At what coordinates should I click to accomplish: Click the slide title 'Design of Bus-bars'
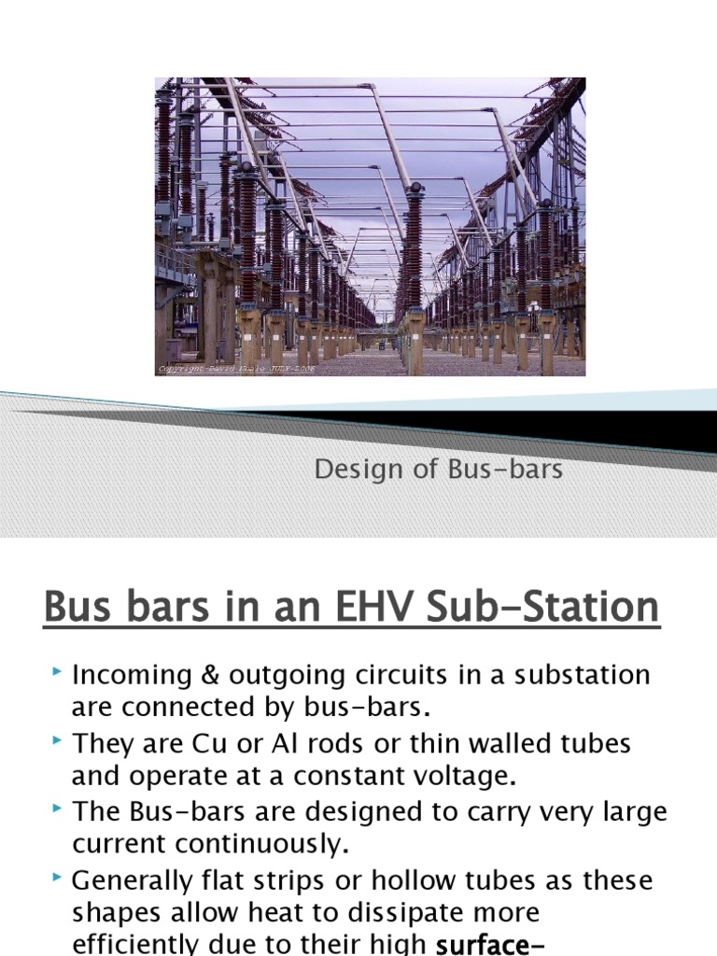point(439,470)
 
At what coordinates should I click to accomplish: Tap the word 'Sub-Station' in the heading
point(541,608)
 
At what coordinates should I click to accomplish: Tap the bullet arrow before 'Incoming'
point(59,672)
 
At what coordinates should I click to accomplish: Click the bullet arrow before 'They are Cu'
point(59,741)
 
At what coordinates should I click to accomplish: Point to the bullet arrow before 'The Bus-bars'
point(59,809)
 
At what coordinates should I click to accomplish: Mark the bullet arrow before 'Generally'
point(59,878)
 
